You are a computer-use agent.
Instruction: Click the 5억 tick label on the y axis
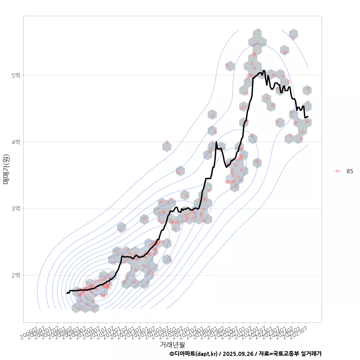tap(16, 75)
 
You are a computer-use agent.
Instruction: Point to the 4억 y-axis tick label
tap(16, 142)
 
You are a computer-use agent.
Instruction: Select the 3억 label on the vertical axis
tap(16, 208)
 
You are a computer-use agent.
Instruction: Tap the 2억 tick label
tap(16, 275)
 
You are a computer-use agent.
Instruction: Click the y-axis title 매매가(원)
tap(6, 169)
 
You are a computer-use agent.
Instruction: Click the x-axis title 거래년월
tap(172, 344)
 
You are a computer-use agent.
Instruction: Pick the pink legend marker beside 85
tap(337, 171)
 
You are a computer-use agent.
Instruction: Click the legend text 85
tap(349, 171)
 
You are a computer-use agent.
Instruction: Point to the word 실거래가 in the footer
tap(312, 354)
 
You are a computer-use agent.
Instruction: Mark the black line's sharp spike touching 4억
tap(216, 142)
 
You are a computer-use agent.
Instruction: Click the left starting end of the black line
tap(67, 293)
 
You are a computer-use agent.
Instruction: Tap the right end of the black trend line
tap(308, 116)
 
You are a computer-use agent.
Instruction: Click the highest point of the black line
tap(264, 70)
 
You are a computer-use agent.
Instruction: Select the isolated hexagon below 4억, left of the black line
tap(167, 146)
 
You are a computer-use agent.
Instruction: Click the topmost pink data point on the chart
tap(259, 30)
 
